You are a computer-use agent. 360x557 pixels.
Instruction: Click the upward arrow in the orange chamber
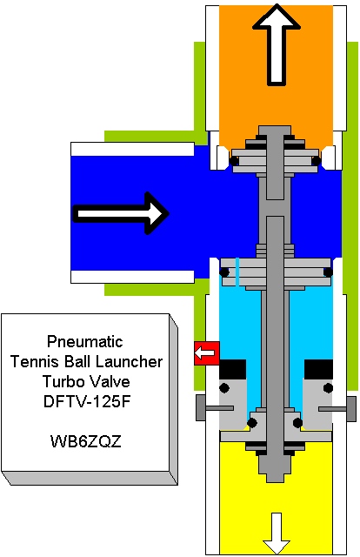click(277, 44)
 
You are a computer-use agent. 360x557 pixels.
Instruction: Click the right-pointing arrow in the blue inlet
click(121, 213)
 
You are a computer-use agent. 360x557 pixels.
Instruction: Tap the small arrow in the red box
click(205, 353)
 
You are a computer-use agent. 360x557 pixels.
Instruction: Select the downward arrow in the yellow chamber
click(277, 533)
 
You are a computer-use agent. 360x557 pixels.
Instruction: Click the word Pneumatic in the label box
click(85, 342)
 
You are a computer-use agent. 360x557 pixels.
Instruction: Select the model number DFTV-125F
click(87, 401)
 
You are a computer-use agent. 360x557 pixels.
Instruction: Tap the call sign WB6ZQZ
click(86, 441)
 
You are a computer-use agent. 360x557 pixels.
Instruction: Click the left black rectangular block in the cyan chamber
click(232, 369)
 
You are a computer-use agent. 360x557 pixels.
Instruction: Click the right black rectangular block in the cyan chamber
click(319, 369)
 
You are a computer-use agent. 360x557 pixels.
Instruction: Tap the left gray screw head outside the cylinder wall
click(201, 407)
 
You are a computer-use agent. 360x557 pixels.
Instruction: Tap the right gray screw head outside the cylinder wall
click(351, 409)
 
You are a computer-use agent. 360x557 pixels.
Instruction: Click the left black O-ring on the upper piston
click(234, 161)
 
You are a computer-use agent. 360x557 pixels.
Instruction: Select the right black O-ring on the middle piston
click(328, 272)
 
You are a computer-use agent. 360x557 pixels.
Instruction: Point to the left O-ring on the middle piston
click(224, 272)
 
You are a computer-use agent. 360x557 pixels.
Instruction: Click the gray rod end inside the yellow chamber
click(275, 468)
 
